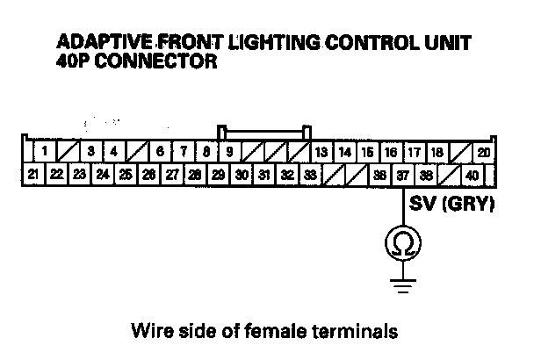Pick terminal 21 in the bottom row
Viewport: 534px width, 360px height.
(x=32, y=175)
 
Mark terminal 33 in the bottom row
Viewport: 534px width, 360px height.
(x=310, y=175)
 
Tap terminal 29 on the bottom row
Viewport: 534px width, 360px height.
(x=218, y=175)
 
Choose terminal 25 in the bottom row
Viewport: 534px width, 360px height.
(x=126, y=175)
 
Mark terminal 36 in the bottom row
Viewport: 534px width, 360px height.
(x=379, y=175)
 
